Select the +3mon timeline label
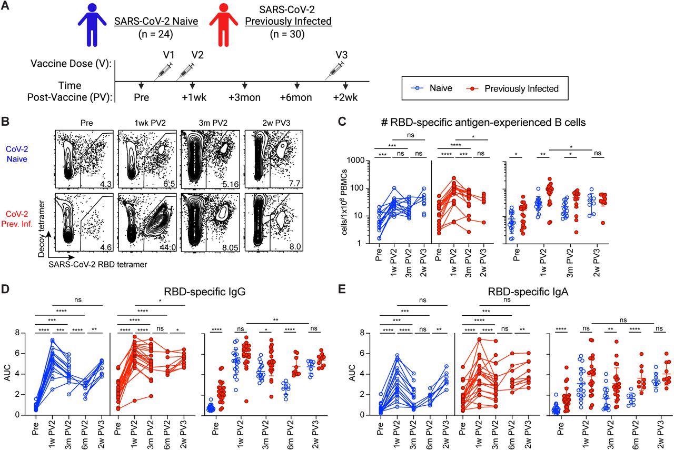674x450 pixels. pyautogui.click(x=245, y=97)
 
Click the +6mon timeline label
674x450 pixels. pyautogui.click(x=296, y=97)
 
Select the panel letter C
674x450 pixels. pyautogui.click(x=342, y=122)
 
